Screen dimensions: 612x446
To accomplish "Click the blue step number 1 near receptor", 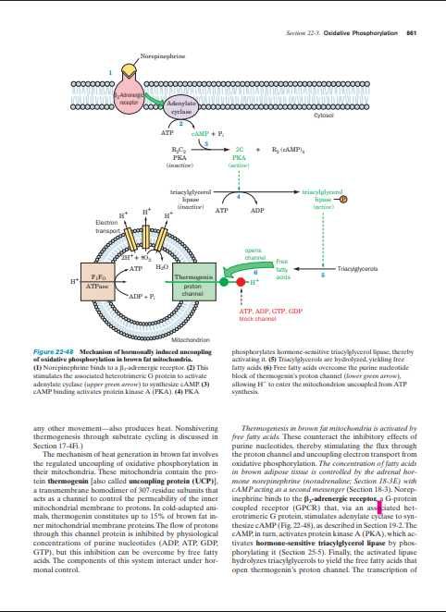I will (110, 72).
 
